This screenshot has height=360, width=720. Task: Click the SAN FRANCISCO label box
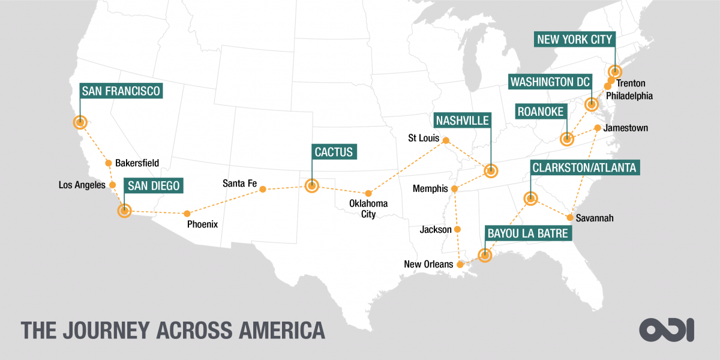tap(121, 91)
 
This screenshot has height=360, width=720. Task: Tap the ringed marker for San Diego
tap(124, 211)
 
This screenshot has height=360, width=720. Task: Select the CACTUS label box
tap(334, 151)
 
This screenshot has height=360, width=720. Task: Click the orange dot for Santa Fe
tap(263, 189)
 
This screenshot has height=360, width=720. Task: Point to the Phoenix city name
tap(202, 224)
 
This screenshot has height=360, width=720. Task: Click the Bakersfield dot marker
tap(109, 163)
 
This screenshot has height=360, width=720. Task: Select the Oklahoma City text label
tap(368, 209)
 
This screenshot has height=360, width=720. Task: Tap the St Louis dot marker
tap(445, 140)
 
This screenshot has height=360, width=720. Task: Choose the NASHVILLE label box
tap(463, 120)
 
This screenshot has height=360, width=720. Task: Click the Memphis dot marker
tap(454, 189)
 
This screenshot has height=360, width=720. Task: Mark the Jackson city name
tap(436, 230)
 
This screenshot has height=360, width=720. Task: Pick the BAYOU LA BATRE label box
tap(527, 233)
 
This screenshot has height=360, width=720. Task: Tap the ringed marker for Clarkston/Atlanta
tap(530, 198)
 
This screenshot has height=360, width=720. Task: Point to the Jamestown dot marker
tap(598, 128)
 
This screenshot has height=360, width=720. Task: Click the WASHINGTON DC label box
tap(550, 81)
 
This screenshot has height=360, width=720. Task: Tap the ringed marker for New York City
tap(615, 71)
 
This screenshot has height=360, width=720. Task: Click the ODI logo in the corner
tap(667, 329)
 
